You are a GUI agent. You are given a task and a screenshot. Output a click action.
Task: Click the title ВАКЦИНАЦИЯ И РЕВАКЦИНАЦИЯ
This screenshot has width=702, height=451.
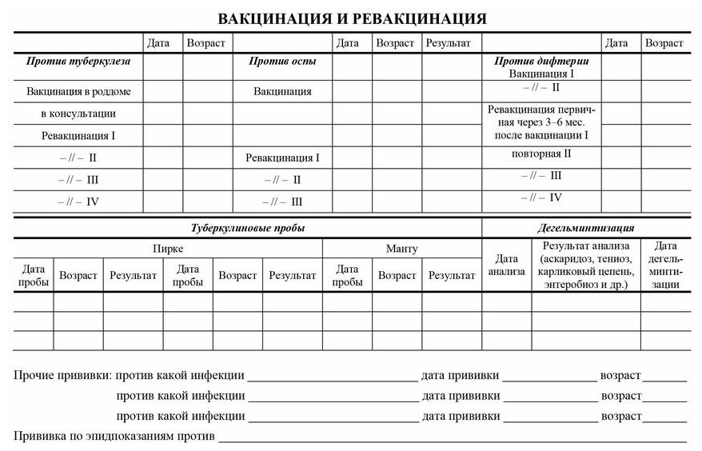pyautogui.click(x=352, y=18)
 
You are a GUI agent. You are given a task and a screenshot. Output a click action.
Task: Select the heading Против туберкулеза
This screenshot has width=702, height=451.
pyautogui.click(x=78, y=61)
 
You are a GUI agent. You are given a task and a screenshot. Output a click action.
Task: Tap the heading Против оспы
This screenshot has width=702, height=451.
pyautogui.click(x=282, y=61)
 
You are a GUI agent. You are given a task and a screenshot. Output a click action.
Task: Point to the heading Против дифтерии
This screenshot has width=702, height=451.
pyautogui.click(x=541, y=61)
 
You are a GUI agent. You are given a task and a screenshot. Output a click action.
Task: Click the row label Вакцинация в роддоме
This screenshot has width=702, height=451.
pyautogui.click(x=78, y=91)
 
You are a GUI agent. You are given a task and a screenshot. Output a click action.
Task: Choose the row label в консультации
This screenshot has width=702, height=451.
pyautogui.click(x=78, y=114)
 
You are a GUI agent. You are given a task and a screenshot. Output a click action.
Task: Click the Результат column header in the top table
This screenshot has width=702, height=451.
pyautogui.click(x=448, y=43)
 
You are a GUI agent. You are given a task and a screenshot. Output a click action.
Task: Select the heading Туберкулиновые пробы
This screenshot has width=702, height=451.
pyautogui.click(x=248, y=228)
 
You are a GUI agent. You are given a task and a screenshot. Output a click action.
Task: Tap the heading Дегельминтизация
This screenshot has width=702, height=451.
pyautogui.click(x=585, y=228)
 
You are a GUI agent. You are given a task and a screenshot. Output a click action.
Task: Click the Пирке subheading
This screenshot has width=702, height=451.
pyautogui.click(x=168, y=249)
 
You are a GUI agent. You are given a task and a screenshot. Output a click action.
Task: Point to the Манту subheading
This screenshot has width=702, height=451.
pyautogui.click(x=401, y=249)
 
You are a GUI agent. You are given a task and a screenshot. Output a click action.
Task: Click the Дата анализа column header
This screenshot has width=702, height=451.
pyautogui.click(x=506, y=265)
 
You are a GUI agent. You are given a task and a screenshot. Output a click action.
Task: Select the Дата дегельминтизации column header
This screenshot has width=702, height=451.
pyautogui.click(x=664, y=265)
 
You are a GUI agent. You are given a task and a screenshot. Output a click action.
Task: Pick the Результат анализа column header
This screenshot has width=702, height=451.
pyautogui.click(x=586, y=265)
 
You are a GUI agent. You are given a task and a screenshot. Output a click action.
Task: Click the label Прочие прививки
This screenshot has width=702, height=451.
pyautogui.click(x=63, y=375)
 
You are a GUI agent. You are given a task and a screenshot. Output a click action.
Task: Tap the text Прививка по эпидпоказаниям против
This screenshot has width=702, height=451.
pyautogui.click(x=114, y=436)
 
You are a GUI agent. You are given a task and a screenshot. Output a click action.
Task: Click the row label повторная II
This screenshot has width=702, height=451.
pyautogui.click(x=541, y=154)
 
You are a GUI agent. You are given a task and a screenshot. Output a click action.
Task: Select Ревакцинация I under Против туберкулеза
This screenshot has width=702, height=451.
pyautogui.click(x=78, y=136)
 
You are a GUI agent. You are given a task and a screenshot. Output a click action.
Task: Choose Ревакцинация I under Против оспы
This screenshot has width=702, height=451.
pyautogui.click(x=282, y=158)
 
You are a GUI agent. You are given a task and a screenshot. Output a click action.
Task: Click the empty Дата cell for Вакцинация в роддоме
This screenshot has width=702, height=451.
pyautogui.click(x=163, y=91)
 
